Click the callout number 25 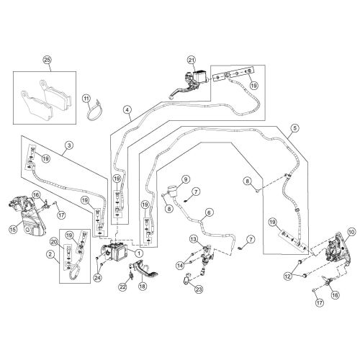[x=48, y=60]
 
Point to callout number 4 [x=127, y=109]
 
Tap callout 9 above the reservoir [x=184, y=179]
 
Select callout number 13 [x=193, y=238]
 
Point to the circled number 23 [x=199, y=289]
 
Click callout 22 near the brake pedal [x=122, y=287]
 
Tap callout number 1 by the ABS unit [x=139, y=253]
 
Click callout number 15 [x=12, y=229]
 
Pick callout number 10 [x=351, y=231]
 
